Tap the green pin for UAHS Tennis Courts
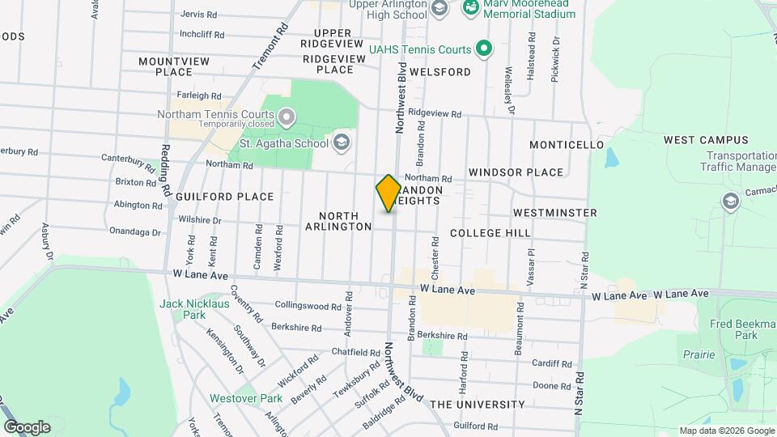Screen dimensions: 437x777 pos(483,49)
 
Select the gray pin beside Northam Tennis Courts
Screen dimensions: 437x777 pos(285,120)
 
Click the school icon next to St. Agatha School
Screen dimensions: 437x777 pos(342,143)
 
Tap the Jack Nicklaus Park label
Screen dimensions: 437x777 pos(194,309)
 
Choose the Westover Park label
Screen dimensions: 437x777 pos(245,398)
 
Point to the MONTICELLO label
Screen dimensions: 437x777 pos(567,145)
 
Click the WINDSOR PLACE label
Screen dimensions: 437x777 pos(516,172)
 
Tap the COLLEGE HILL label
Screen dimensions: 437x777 pos(490,233)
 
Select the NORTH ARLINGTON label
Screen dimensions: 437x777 pos(338,221)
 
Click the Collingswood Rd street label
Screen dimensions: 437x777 pos(308,306)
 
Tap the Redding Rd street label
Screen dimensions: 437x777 pos(165,171)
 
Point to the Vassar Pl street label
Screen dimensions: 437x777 pos(531,261)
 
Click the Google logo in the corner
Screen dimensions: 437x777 pos(27,427)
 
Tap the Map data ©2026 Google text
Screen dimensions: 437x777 pos(726,431)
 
